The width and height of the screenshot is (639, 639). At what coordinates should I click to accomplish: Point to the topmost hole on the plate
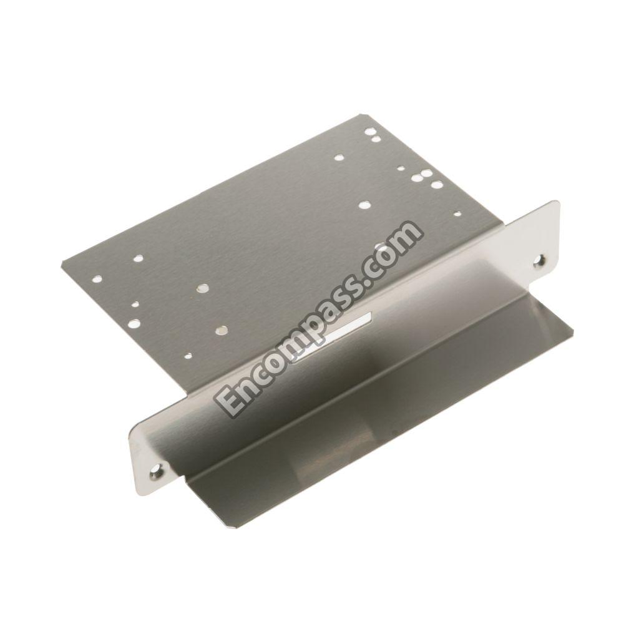point(369,131)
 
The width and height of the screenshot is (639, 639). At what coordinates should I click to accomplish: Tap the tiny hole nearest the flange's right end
point(457,213)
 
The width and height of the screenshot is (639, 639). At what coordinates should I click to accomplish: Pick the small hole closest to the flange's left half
point(187,356)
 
